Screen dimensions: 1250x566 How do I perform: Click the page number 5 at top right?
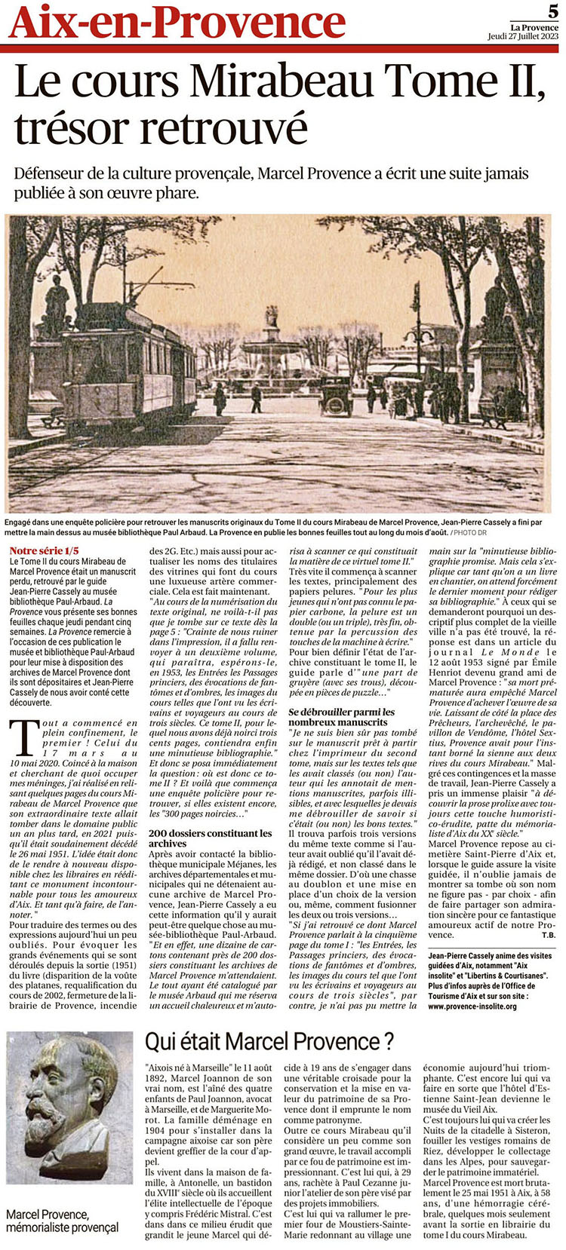553,11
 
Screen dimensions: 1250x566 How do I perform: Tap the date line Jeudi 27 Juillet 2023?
522,36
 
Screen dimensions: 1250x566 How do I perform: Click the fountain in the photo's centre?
271,348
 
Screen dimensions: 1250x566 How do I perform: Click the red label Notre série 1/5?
44,550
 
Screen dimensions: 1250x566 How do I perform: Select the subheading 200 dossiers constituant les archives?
210,838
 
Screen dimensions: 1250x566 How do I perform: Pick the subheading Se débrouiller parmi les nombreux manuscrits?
342,717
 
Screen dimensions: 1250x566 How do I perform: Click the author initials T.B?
547,935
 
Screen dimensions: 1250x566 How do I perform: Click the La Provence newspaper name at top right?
534,27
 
